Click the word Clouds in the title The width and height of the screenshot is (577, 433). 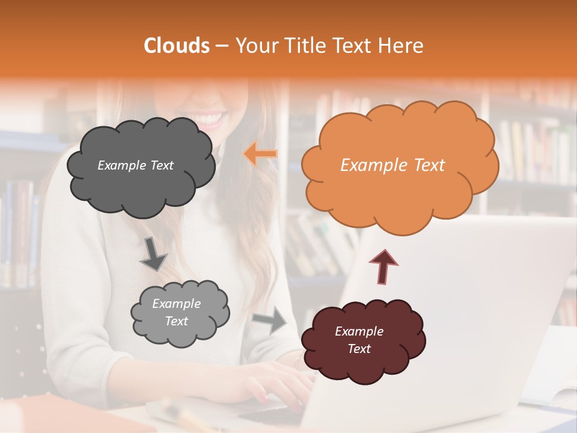[x=177, y=46]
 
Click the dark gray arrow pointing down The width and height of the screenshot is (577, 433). [x=154, y=253]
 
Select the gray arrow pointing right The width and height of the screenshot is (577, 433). [x=270, y=319]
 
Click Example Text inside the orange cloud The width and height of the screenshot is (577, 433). [x=392, y=165]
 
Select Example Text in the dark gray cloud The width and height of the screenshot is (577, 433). [x=135, y=165]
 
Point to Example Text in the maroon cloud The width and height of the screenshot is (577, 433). [x=359, y=340]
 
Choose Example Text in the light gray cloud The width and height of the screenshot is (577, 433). [x=176, y=313]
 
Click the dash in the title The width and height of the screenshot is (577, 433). [x=222, y=46]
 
